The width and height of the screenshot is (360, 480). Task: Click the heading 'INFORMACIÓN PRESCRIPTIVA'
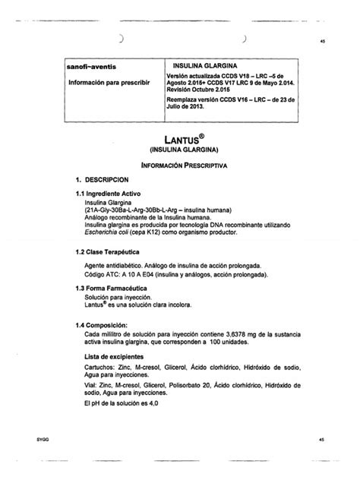tap(178, 164)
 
